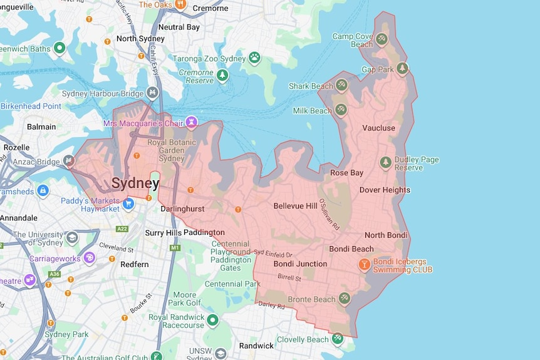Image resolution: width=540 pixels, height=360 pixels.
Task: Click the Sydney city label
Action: click(135, 183)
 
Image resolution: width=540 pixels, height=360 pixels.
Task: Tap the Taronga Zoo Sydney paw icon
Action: click(254, 58)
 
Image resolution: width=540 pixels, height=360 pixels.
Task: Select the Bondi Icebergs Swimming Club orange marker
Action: click(363, 265)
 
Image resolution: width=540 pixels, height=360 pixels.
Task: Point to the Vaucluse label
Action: click(378, 128)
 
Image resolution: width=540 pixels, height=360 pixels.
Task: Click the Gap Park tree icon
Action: click(402, 68)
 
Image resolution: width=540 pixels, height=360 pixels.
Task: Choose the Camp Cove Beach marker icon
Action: click(382, 39)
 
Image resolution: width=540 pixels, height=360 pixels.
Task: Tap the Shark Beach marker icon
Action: click(341, 85)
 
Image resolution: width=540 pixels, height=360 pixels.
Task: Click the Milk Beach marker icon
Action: click(340, 110)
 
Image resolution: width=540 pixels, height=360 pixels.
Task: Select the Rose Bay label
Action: click(346, 173)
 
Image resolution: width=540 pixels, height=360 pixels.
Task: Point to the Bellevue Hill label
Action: click(295, 206)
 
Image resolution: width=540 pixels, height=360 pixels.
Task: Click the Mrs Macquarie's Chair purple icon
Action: click(192, 121)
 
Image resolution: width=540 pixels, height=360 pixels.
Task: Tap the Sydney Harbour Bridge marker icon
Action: click(152, 93)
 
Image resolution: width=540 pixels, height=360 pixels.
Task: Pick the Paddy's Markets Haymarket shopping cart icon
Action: click(128, 203)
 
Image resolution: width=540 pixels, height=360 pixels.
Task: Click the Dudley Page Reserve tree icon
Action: click(386, 163)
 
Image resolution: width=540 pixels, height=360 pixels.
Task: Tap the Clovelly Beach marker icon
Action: click(338, 339)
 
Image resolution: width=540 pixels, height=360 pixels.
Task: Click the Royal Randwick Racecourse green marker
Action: click(212, 321)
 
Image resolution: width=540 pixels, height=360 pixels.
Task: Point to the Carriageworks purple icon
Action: click(90, 257)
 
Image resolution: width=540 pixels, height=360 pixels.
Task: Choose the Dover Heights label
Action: click(385, 190)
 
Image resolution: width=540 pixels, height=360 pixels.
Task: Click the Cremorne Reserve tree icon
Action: click(222, 76)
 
